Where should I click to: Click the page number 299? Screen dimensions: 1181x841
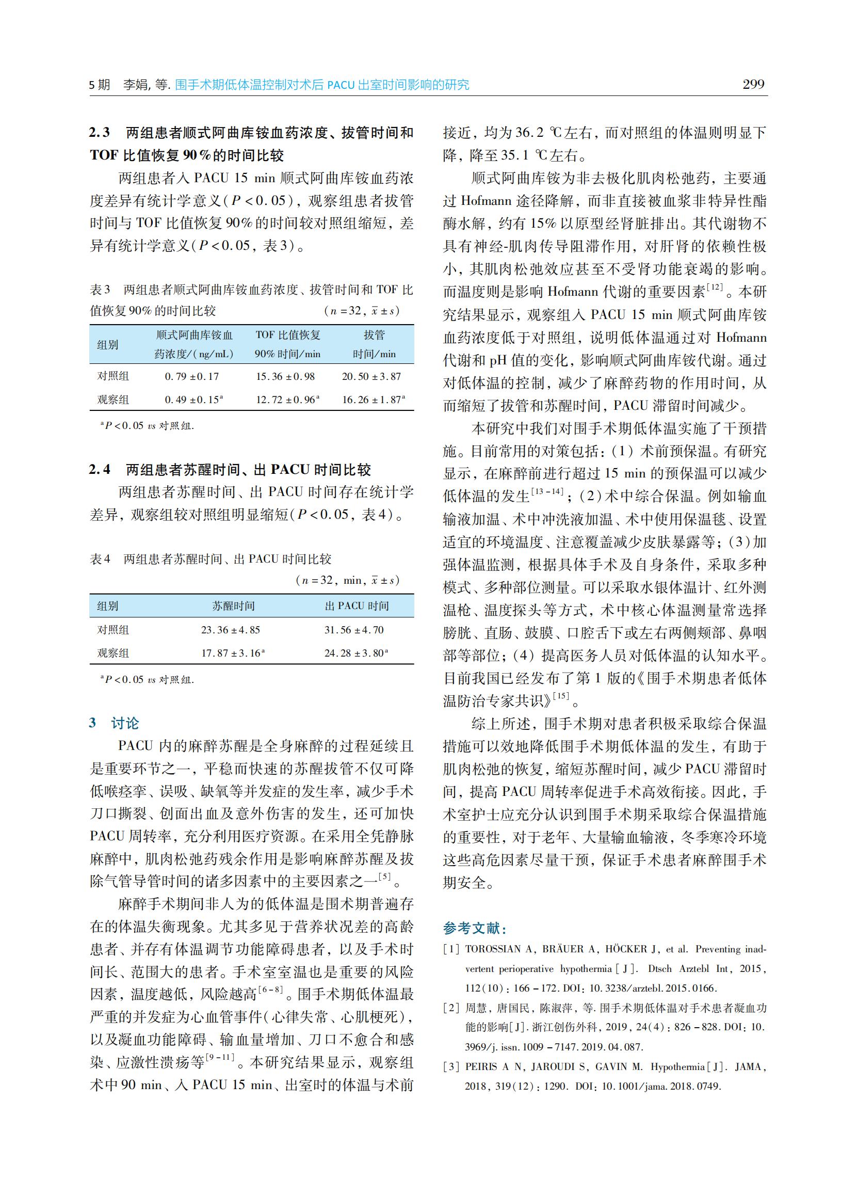pyautogui.click(x=753, y=85)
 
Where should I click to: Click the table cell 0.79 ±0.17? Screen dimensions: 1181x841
pyautogui.click(x=191, y=377)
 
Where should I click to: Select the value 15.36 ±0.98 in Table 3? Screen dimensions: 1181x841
pyautogui.click(x=285, y=377)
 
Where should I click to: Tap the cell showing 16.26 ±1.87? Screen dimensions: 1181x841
pyautogui.click(x=372, y=400)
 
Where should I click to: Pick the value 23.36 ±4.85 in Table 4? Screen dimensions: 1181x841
pyautogui.click(x=231, y=630)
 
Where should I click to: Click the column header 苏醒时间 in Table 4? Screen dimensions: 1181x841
pyautogui.click(x=234, y=606)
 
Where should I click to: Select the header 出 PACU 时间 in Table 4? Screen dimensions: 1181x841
pyautogui.click(x=357, y=606)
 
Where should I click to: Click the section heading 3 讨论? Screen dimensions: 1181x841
pyautogui.click(x=114, y=723)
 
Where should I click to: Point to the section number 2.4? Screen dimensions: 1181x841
pyautogui.click(x=100, y=470)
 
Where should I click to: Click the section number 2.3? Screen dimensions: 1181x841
pyautogui.click(x=100, y=133)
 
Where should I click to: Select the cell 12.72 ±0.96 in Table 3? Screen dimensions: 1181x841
pyautogui.click(x=286, y=400)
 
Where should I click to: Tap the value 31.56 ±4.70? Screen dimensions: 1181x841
pyautogui.click(x=354, y=630)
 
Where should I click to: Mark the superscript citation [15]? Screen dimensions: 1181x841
pyautogui.click(x=561, y=696)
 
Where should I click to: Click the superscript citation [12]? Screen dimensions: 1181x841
pyautogui.click(x=715, y=287)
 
